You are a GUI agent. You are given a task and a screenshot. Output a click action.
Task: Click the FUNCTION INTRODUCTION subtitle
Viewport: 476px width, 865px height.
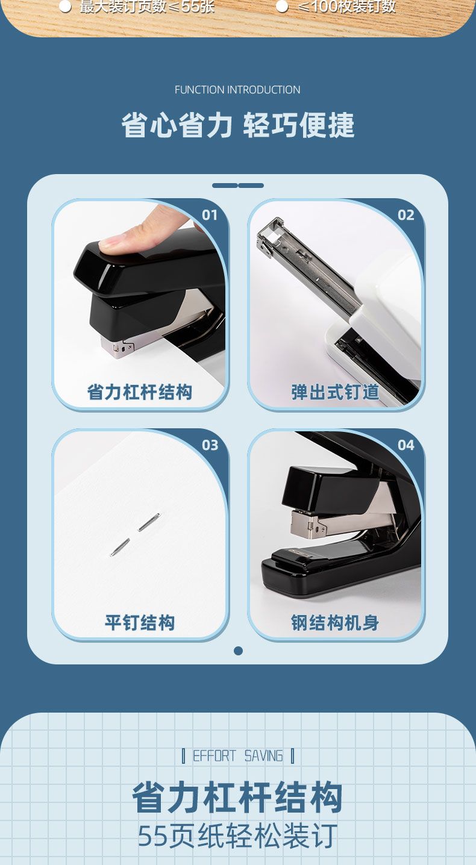coord(237,90)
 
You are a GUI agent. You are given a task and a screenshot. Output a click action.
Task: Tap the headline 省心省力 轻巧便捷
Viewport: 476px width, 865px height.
coord(237,125)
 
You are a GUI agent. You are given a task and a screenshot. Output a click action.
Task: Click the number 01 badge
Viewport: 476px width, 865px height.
coord(210,215)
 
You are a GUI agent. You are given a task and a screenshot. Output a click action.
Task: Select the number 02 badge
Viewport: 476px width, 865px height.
coord(406,215)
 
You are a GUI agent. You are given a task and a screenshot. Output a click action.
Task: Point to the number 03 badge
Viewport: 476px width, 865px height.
coord(210,445)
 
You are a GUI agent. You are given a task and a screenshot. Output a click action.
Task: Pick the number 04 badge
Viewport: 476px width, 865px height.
coord(406,445)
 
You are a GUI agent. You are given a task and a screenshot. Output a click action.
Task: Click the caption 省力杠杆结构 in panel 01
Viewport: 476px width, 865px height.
coord(139,392)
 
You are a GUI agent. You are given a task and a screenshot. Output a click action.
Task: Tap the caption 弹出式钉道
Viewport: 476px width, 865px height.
coord(336,392)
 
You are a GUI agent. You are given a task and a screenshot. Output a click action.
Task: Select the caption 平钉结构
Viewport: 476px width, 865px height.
coord(139,622)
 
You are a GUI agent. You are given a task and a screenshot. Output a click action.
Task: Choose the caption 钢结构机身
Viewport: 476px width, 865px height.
coord(336,622)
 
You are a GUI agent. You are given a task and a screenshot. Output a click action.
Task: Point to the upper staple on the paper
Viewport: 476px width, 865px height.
coord(149,522)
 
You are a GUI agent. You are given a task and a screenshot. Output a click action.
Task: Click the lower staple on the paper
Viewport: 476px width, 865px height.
coord(120,547)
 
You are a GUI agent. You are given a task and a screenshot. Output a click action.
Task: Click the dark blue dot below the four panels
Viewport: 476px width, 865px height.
coord(239,651)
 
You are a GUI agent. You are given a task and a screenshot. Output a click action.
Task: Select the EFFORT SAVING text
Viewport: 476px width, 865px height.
coord(237,756)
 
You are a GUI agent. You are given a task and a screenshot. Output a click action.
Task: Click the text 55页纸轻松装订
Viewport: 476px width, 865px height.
coord(237,836)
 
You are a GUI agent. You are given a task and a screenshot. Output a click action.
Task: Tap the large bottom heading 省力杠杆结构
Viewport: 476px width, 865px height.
coord(237,797)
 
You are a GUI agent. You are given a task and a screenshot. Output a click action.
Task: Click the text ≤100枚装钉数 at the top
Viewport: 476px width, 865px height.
coord(347,7)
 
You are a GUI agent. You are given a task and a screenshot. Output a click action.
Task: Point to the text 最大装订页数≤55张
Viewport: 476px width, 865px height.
coord(147,7)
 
